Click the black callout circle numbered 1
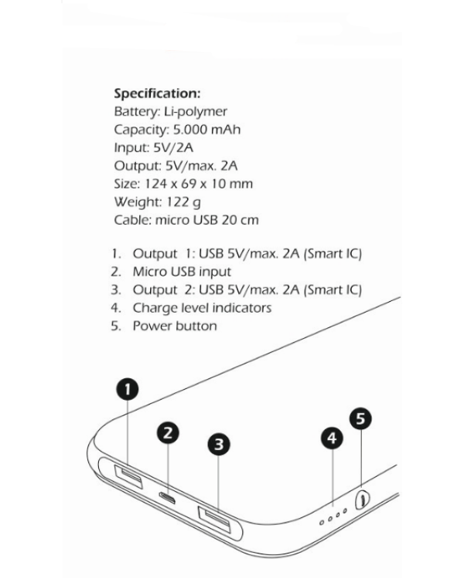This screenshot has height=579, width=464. click(128, 389)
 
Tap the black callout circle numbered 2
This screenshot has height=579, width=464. click(168, 433)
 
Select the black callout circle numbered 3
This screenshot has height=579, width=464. click(219, 444)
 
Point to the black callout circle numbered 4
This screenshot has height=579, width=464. click(332, 438)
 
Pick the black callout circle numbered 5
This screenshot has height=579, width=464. click(360, 418)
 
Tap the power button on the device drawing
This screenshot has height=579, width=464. click(362, 500)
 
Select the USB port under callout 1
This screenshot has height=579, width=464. click(128, 476)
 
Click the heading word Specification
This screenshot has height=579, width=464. click(157, 93)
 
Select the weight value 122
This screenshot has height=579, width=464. click(178, 202)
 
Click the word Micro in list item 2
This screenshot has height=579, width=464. click(149, 272)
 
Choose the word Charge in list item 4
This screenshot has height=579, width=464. click(155, 308)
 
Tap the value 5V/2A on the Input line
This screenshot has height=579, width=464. click(173, 147)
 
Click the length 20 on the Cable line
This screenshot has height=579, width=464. click(230, 220)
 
